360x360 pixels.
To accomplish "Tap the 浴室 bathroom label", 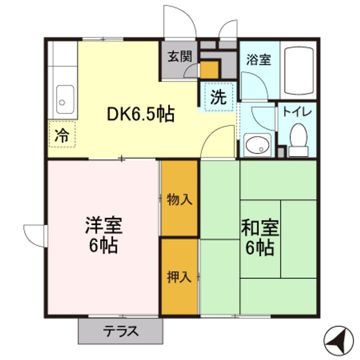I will (258, 60).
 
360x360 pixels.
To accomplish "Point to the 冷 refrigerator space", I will (62, 135).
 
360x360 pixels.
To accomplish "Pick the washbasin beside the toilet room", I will (257, 145).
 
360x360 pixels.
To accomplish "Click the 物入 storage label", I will (179, 199).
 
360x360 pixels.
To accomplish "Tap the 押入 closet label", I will (179, 276).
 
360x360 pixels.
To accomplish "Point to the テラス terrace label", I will (120, 331).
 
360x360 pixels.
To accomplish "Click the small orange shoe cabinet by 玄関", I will (209, 69).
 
